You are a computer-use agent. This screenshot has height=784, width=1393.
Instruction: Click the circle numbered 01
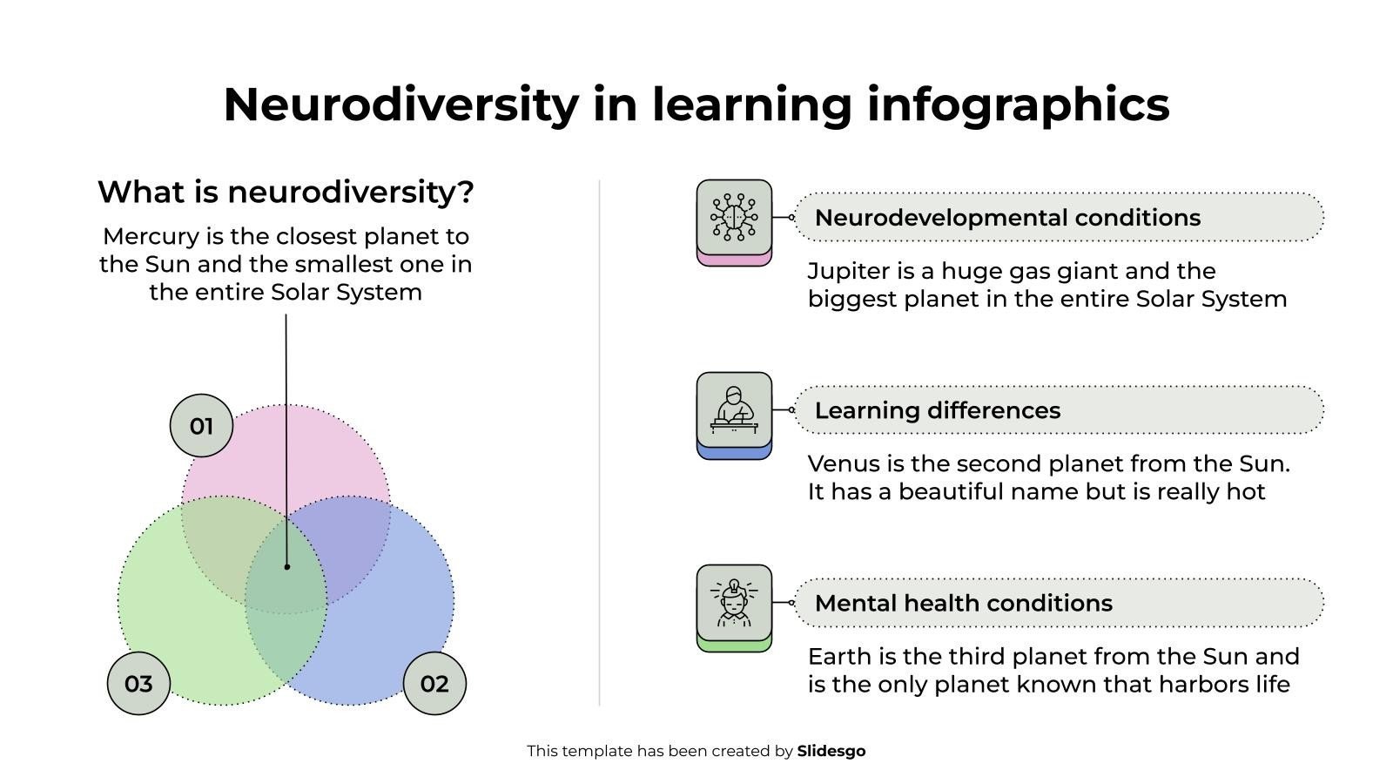point(201,426)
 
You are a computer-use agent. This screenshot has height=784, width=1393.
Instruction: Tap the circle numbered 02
point(434,683)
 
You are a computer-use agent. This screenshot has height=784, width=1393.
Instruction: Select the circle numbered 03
point(138,683)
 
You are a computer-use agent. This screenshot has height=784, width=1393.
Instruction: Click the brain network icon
point(735,217)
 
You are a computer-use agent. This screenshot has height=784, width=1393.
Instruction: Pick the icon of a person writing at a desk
point(735,409)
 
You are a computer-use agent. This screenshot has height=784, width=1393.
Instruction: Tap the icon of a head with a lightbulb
point(735,602)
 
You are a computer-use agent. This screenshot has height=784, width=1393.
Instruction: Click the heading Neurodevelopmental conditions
point(1007,218)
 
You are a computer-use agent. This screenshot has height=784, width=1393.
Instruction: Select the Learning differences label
point(937,410)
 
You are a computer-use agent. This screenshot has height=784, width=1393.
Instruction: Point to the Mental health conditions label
point(963,603)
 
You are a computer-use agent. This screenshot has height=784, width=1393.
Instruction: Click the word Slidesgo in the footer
point(831,751)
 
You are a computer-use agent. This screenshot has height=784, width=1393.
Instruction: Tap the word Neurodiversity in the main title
point(401,105)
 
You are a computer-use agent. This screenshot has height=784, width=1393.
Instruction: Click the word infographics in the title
point(1018,105)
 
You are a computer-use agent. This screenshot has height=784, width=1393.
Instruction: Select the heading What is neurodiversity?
point(286,192)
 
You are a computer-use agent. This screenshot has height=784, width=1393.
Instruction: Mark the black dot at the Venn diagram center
point(286,567)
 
